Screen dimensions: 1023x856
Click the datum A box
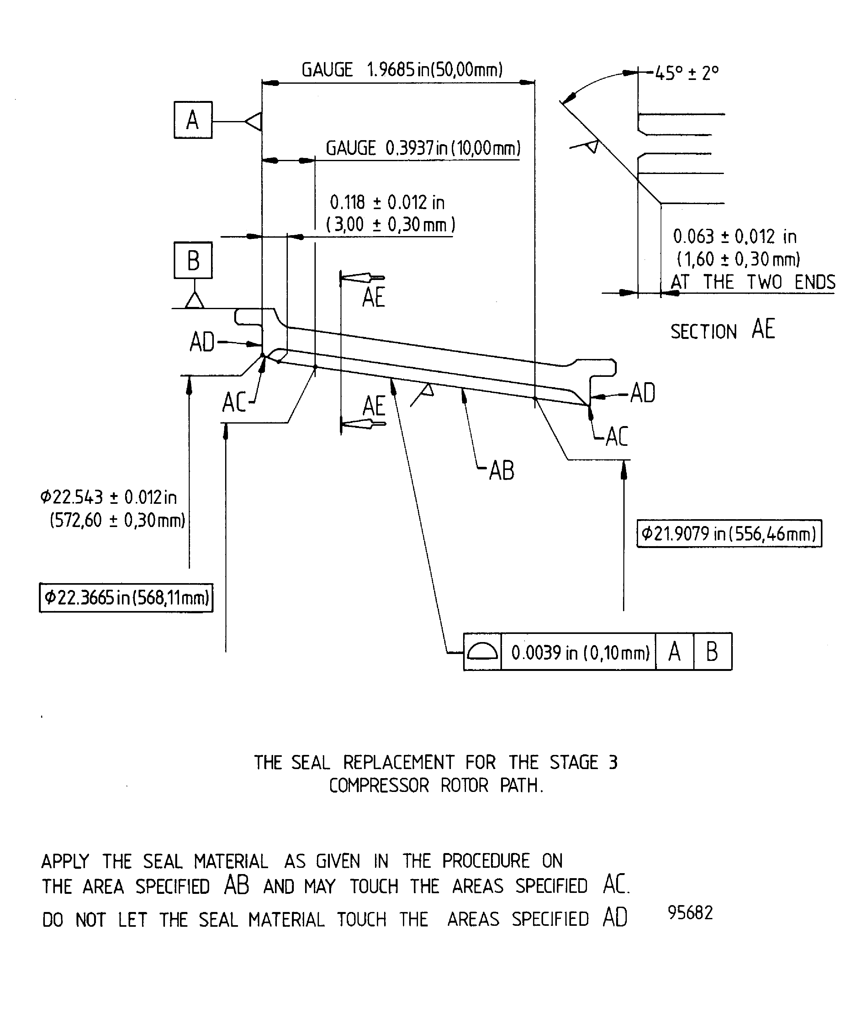(x=193, y=120)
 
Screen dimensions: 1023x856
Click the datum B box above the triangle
(x=193, y=260)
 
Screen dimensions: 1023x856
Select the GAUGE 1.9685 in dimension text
(x=402, y=70)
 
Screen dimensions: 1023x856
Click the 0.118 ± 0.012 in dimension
(x=387, y=203)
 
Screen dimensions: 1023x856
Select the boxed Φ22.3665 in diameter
(x=126, y=598)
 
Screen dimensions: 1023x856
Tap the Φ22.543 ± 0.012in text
(x=108, y=497)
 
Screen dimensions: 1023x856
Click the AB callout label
(x=501, y=471)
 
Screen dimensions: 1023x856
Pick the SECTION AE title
(x=722, y=330)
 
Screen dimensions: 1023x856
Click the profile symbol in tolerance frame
(x=482, y=652)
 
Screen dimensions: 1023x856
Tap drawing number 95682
(x=690, y=912)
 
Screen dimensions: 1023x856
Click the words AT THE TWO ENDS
(x=753, y=282)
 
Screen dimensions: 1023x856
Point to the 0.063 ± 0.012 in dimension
(x=735, y=237)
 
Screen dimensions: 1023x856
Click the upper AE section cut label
(x=374, y=297)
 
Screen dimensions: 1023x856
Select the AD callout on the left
(x=202, y=342)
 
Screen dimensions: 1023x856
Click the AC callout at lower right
(x=616, y=436)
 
